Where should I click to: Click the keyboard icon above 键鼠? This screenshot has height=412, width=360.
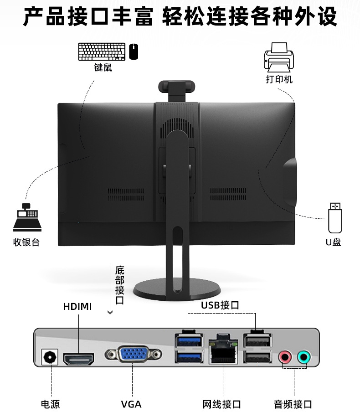102,52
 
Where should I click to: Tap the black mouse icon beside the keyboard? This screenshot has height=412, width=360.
134,52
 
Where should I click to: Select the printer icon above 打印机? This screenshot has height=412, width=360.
278,57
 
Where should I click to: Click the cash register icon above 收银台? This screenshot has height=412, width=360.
27,217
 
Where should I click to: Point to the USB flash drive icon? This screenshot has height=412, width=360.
335,218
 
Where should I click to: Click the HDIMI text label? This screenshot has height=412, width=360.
77,307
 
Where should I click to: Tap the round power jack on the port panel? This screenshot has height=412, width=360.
50,357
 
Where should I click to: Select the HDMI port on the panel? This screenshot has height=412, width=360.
78,359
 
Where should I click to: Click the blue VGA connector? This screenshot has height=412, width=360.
133,354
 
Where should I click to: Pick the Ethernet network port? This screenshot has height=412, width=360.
223,349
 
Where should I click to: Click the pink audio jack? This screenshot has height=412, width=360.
285,357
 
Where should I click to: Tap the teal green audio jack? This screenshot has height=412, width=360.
304,357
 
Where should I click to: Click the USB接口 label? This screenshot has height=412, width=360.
220,305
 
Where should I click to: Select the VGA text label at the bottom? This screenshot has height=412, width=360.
131,404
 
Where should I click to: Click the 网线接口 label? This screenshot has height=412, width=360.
222,404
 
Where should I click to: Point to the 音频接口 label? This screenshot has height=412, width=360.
293,404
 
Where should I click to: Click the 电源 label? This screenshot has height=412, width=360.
50,404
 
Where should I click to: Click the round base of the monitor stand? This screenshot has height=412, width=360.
177,290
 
